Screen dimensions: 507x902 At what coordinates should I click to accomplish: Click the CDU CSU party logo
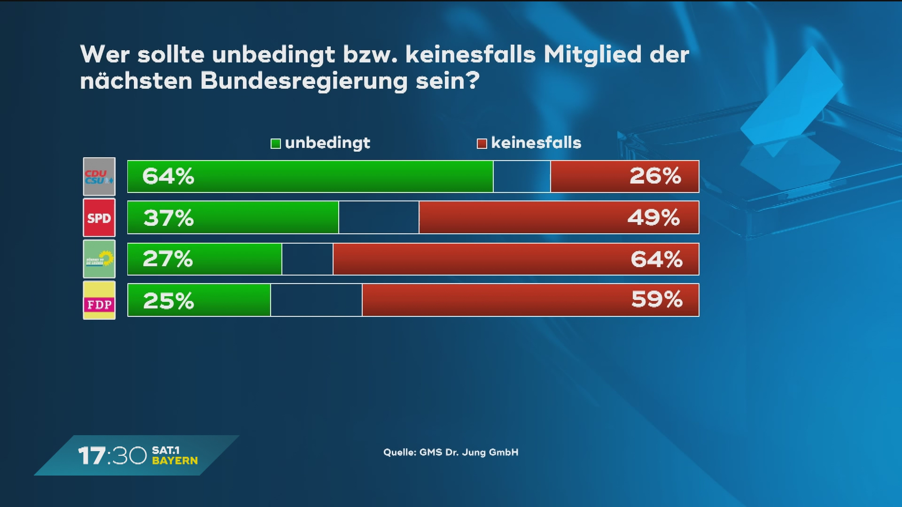99,177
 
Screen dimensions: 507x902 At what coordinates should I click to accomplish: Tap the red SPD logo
99,218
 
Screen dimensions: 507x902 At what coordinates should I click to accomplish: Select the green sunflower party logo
99,259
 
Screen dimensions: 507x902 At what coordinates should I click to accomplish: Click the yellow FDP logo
99,300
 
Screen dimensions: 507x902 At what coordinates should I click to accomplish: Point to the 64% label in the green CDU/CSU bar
168,177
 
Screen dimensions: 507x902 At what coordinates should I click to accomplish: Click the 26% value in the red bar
655,176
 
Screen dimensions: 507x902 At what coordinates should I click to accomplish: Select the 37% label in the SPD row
168,218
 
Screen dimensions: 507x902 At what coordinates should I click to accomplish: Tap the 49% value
653,218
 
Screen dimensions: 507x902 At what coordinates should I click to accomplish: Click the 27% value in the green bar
168,259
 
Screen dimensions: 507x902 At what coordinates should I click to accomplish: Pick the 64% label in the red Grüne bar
656,259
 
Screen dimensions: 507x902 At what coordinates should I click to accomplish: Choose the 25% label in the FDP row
168,300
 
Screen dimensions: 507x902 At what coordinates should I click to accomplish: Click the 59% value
657,300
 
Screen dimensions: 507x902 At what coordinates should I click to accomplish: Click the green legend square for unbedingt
276,143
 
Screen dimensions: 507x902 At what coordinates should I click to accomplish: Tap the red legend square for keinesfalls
482,143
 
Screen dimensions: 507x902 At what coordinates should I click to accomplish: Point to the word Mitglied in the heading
592,54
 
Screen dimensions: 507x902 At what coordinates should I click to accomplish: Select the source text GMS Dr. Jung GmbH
468,453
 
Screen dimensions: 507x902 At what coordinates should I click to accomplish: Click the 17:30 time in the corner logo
112,455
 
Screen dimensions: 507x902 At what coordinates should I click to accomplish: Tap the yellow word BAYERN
175,461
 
